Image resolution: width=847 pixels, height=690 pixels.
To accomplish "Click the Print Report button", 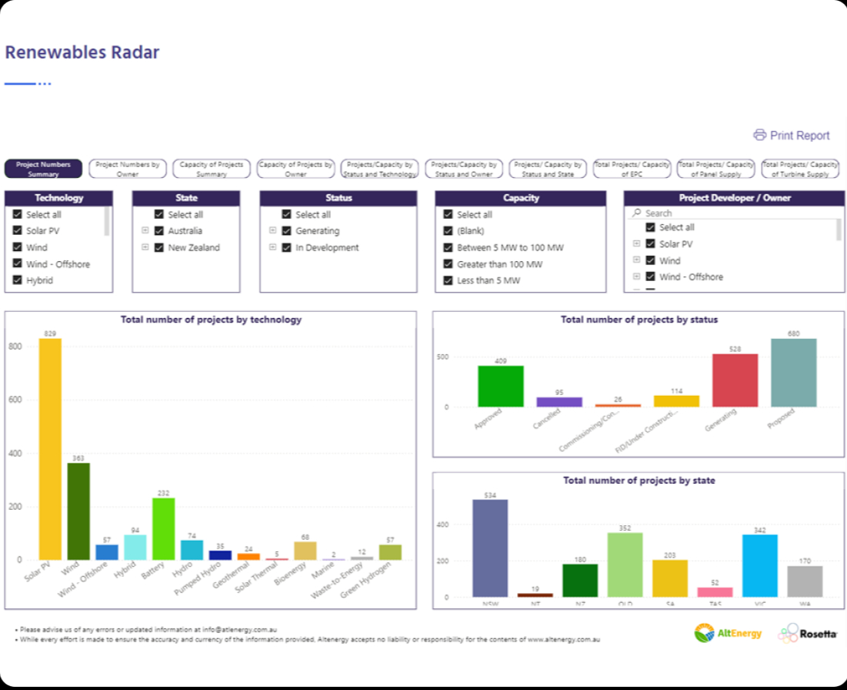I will coord(792,136).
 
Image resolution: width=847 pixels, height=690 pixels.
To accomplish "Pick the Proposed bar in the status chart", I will coord(793,373).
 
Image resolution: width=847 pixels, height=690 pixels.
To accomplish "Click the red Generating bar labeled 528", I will coord(735,380).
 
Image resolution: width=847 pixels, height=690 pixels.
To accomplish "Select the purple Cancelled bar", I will coord(559,402).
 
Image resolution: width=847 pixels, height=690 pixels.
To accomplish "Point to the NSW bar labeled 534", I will coord(490,548).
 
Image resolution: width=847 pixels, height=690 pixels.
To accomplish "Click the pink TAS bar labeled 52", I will coord(715,591).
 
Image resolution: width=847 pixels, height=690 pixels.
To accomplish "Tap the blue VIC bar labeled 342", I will coord(760,565).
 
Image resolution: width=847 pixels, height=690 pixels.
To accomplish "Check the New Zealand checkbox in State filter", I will coord(160,248).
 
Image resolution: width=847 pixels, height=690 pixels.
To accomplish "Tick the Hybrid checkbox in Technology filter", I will coord(18,280).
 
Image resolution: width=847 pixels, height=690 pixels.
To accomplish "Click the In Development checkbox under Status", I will coord(287,248).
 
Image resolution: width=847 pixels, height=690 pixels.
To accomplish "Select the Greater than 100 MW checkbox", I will coord(449,264).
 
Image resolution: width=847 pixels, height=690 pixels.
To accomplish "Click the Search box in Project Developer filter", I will coord(739,213).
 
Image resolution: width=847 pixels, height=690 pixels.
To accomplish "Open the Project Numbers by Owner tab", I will coord(128,169).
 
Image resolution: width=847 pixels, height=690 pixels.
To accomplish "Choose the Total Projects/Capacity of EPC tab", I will coord(632,169).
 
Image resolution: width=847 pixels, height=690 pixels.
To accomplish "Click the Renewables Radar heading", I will coord(82,52).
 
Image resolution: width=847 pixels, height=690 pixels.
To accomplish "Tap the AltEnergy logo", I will coord(728,633).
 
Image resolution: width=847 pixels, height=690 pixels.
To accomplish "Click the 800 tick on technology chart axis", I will coord(15,347).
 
